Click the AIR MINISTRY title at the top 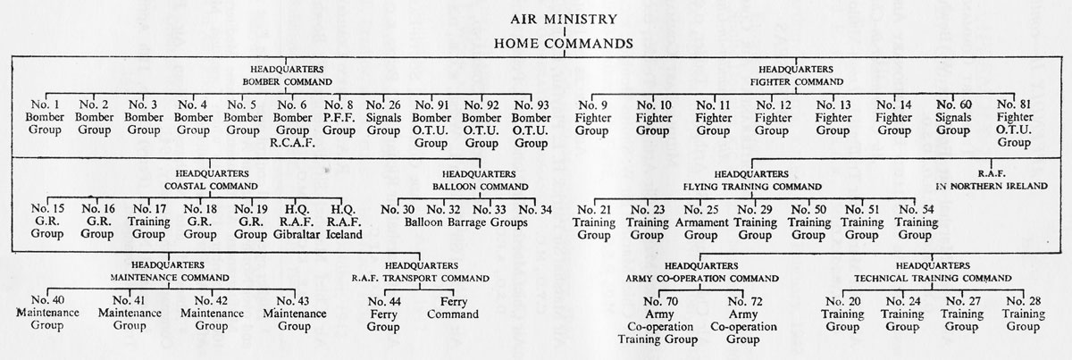[564, 19]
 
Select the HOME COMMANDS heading [564, 44]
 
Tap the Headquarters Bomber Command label [287, 76]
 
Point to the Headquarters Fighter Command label [796, 76]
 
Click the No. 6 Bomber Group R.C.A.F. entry [292, 123]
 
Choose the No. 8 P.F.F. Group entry [339, 118]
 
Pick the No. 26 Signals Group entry [383, 118]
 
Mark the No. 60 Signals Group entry [953, 117]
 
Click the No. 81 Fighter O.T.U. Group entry [1015, 123]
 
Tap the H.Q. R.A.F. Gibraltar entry [297, 222]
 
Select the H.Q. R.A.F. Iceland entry [344, 222]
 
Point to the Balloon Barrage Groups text [466, 222]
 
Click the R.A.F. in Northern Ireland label [992, 180]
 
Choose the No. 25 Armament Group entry [701, 222]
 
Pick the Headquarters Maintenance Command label [170, 272]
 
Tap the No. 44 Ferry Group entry [384, 314]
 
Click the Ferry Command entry [453, 308]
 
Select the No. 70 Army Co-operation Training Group [658, 321]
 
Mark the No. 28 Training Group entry [1024, 314]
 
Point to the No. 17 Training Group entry [149, 222]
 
